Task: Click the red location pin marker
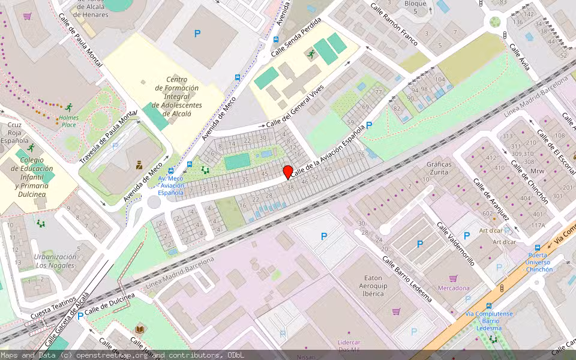[x=288, y=172]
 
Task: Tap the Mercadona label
[x=454, y=288]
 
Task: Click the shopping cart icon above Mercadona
[x=453, y=278]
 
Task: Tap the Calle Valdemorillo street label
[x=455, y=244]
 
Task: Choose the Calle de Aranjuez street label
[x=491, y=199]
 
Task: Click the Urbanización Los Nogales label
[x=55, y=260]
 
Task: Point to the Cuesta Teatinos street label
[x=53, y=306]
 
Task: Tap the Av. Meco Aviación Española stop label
[x=170, y=185]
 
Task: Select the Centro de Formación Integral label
[x=176, y=97]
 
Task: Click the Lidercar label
[x=349, y=341]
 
